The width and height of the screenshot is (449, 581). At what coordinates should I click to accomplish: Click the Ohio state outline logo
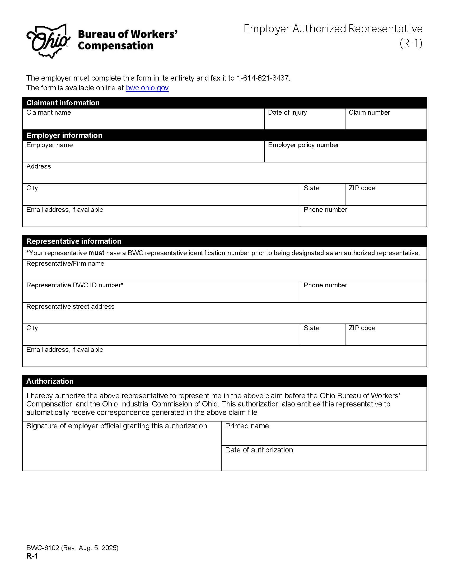[48, 41]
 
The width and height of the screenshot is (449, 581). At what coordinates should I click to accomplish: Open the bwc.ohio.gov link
[147, 88]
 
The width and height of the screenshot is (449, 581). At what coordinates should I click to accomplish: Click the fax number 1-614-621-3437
[263, 78]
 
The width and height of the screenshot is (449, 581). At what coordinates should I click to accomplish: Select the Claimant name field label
[48, 113]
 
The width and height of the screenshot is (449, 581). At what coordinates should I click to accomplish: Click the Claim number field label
[369, 113]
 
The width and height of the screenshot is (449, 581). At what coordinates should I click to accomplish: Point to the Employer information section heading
[64, 135]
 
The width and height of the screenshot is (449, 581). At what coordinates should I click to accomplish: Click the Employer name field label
[49, 145]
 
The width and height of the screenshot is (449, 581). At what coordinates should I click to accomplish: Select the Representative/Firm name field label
[65, 263]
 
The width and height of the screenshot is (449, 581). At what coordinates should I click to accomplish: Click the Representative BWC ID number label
[75, 285]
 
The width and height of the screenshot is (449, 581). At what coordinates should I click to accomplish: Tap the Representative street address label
[70, 306]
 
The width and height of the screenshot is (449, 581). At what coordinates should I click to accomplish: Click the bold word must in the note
[96, 253]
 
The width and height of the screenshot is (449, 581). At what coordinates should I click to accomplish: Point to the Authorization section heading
[50, 381]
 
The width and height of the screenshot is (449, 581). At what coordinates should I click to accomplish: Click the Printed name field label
[247, 426]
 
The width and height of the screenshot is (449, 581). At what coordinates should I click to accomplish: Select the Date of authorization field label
[259, 450]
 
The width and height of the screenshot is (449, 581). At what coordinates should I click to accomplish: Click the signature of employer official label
[116, 426]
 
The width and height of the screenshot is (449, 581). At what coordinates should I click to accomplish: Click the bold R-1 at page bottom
[32, 556]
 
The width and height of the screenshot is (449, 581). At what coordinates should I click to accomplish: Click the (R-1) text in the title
[411, 43]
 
